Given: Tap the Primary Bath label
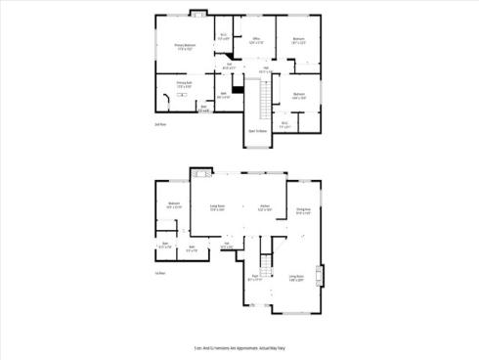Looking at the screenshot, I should coord(184,84).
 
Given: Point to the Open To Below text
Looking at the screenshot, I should coord(258,130).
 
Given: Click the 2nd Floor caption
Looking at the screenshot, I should coord(160,125).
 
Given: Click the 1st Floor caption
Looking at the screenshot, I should coord(160,273).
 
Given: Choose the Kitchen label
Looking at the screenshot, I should coord(264,207).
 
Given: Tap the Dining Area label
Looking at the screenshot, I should coord(303,210).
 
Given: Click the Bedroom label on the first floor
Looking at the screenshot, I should coord(173,205).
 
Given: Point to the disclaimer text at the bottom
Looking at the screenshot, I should coord(239,347).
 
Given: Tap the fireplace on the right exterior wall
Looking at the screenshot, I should coord(318,275).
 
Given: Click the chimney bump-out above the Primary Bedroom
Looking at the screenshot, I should coord(197,14).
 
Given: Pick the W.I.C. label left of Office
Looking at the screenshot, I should coord(223,37).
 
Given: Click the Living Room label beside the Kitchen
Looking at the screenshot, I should coord(217,207).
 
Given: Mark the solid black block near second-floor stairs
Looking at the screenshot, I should coord(236,92).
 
